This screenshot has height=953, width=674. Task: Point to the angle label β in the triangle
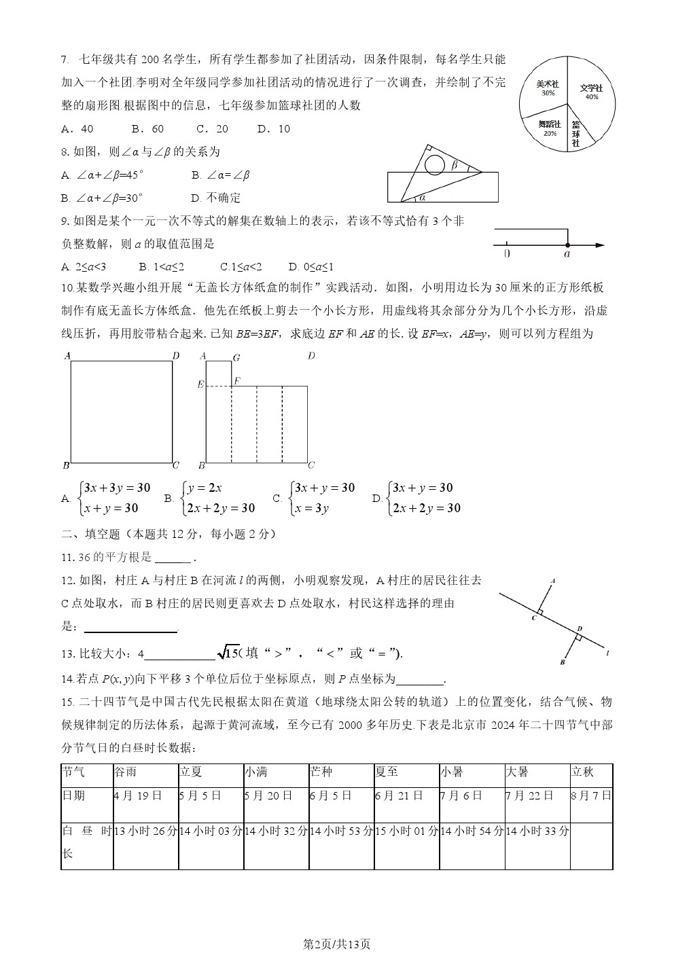pyautogui.click(x=454, y=164)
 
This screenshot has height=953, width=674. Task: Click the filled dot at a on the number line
pyautogui.click(x=567, y=245)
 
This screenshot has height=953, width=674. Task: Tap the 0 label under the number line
pyautogui.click(x=507, y=254)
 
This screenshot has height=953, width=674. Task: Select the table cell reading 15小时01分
pyautogui.click(x=406, y=830)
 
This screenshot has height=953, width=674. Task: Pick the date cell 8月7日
pyautogui.click(x=591, y=795)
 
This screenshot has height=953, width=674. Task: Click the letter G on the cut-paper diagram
pyautogui.click(x=236, y=357)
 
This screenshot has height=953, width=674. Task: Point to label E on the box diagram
pyautogui.click(x=200, y=385)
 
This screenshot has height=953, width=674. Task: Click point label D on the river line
pyautogui.click(x=579, y=628)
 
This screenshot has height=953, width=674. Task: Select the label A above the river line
pyautogui.click(x=553, y=581)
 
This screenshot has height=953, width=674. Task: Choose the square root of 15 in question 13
pyautogui.click(x=228, y=653)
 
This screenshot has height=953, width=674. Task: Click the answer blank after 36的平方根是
pyautogui.click(x=173, y=558)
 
